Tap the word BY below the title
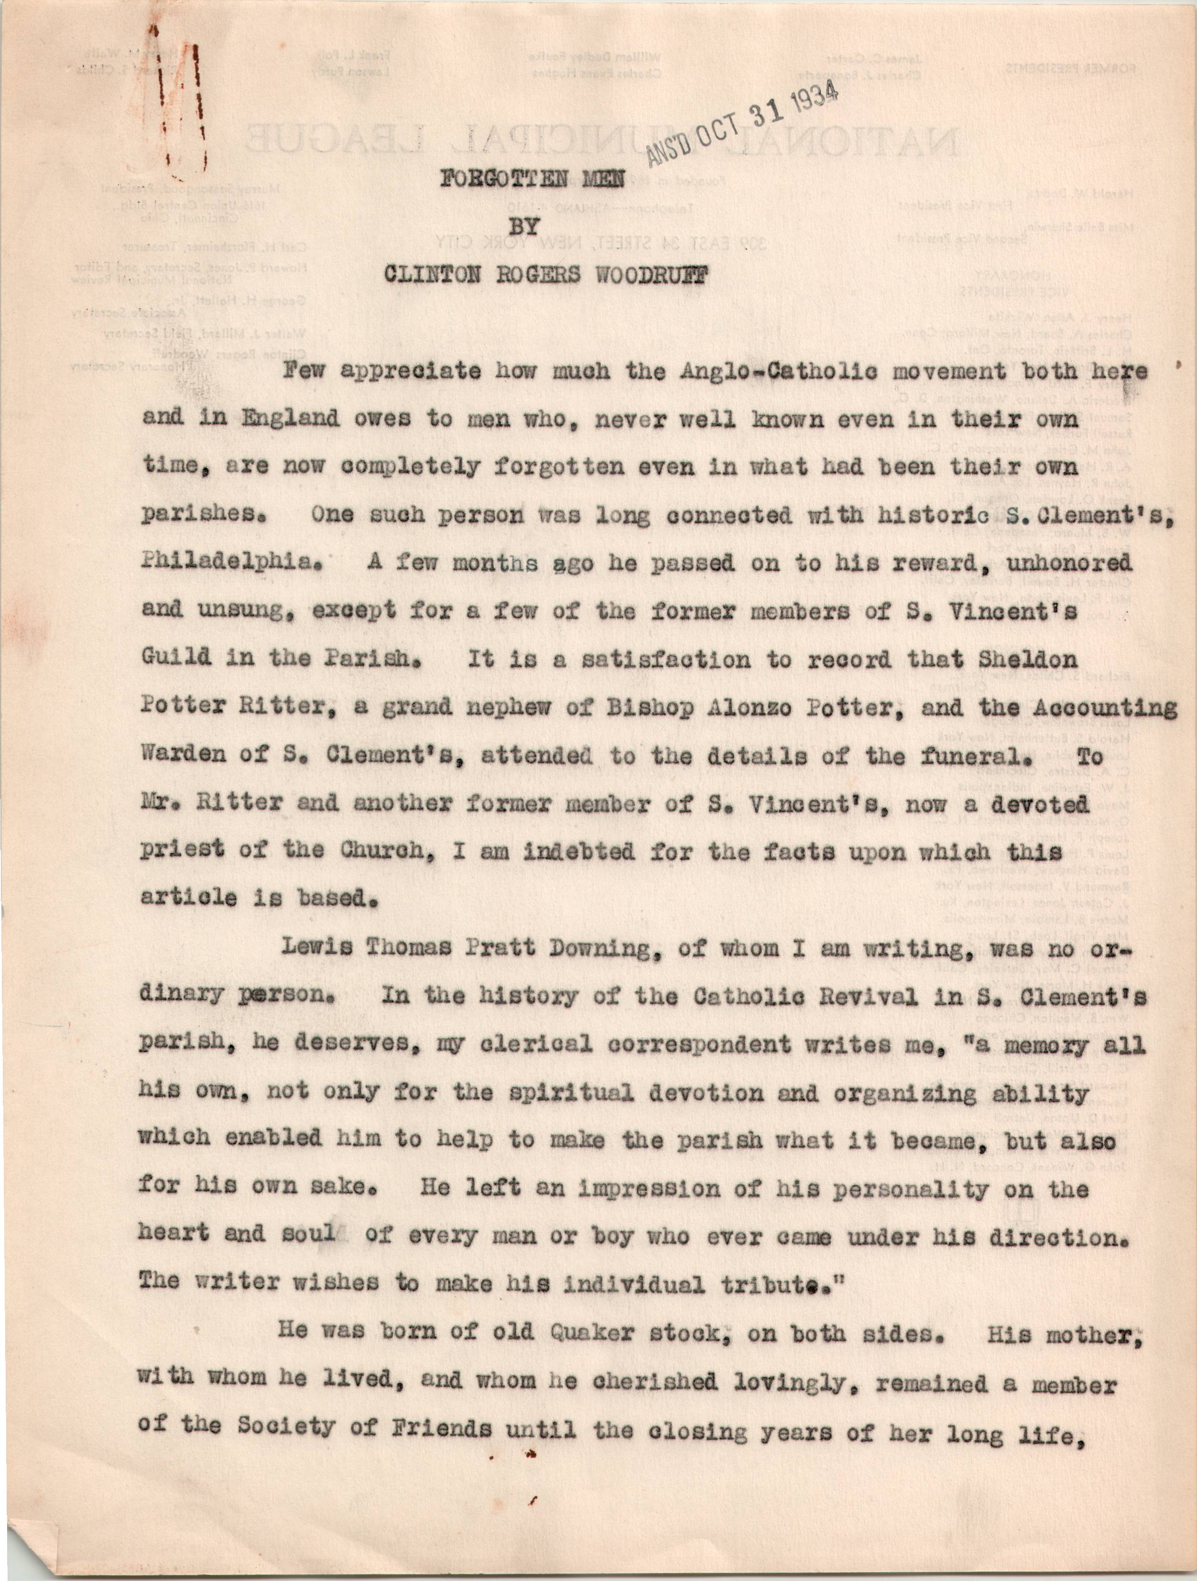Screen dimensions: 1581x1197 click(x=523, y=227)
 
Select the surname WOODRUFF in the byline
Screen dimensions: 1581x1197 click(x=648, y=276)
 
